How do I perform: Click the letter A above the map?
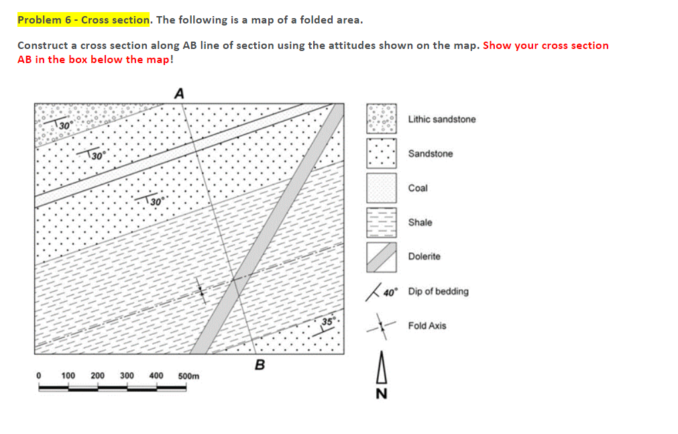pyautogui.click(x=179, y=93)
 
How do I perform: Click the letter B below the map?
pyautogui.click(x=260, y=365)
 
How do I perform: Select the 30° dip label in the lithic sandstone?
pyautogui.click(x=64, y=125)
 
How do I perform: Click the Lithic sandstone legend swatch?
pyautogui.click(x=381, y=119)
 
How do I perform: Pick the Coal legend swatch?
pyautogui.click(x=381, y=188)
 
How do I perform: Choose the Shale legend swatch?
pyautogui.click(x=381, y=222)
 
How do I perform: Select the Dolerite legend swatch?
pyautogui.click(x=381, y=257)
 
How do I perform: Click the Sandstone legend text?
pyautogui.click(x=430, y=154)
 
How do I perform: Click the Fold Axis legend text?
pyautogui.click(x=427, y=325)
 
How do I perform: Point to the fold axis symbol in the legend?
pyautogui.click(x=381, y=326)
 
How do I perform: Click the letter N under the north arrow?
pyautogui.click(x=381, y=394)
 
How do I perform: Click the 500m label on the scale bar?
pyautogui.click(x=188, y=376)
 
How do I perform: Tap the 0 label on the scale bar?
pyautogui.click(x=38, y=376)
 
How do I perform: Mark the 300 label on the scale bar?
pyautogui.click(x=127, y=376)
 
